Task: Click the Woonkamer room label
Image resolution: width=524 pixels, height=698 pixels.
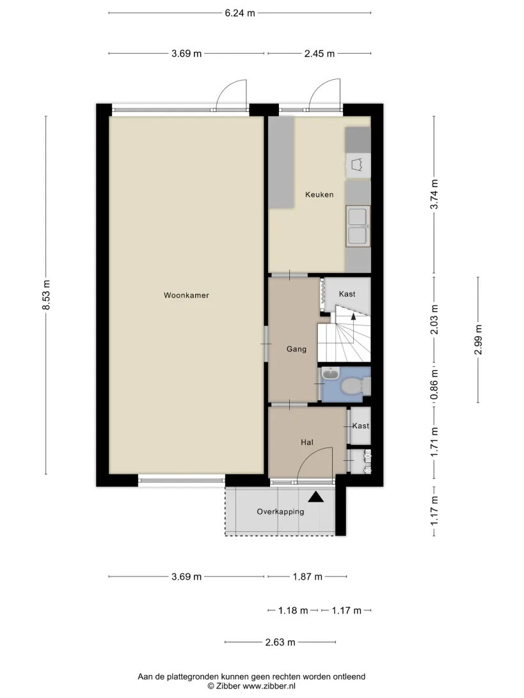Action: tap(186, 295)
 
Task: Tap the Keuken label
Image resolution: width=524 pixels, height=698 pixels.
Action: tap(319, 194)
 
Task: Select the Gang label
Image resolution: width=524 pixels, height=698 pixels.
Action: tap(296, 350)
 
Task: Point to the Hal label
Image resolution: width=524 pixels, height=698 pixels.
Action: tap(307, 442)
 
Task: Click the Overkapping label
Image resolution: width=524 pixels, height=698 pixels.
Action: tap(280, 512)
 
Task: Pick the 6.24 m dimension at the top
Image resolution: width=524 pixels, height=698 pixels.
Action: tap(240, 13)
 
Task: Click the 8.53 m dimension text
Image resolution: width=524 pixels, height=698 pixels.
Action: tap(46, 295)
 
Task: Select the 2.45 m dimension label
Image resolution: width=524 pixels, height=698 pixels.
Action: tap(319, 54)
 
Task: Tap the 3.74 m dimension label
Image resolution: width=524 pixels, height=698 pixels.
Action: tap(434, 194)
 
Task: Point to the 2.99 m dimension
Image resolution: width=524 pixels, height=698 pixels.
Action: tap(478, 339)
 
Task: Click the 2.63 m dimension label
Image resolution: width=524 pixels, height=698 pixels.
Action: tap(280, 642)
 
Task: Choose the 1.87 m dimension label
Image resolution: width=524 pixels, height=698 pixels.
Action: tap(308, 577)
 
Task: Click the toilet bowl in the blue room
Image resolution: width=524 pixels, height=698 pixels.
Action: tap(353, 386)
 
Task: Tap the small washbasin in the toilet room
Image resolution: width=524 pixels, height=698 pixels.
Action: tap(331, 375)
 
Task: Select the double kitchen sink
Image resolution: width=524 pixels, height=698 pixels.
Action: tap(358, 226)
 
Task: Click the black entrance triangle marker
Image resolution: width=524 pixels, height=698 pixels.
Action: tap(316, 497)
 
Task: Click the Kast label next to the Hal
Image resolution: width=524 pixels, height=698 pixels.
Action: tap(360, 426)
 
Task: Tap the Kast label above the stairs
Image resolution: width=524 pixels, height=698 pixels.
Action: tap(347, 294)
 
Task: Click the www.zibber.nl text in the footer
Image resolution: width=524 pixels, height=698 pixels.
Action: tap(269, 686)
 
